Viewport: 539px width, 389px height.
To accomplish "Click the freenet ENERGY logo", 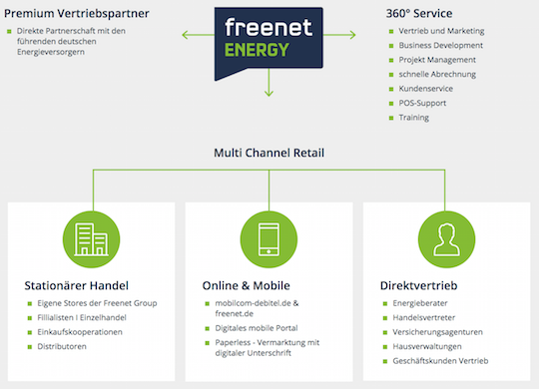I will coord(269,42).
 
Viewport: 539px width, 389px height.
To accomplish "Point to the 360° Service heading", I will coord(418,14).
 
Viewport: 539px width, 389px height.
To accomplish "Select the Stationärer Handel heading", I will coord(77,283).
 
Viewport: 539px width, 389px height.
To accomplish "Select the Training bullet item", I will coord(414,118).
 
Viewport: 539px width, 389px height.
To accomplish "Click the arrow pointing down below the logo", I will coord(269,91).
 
